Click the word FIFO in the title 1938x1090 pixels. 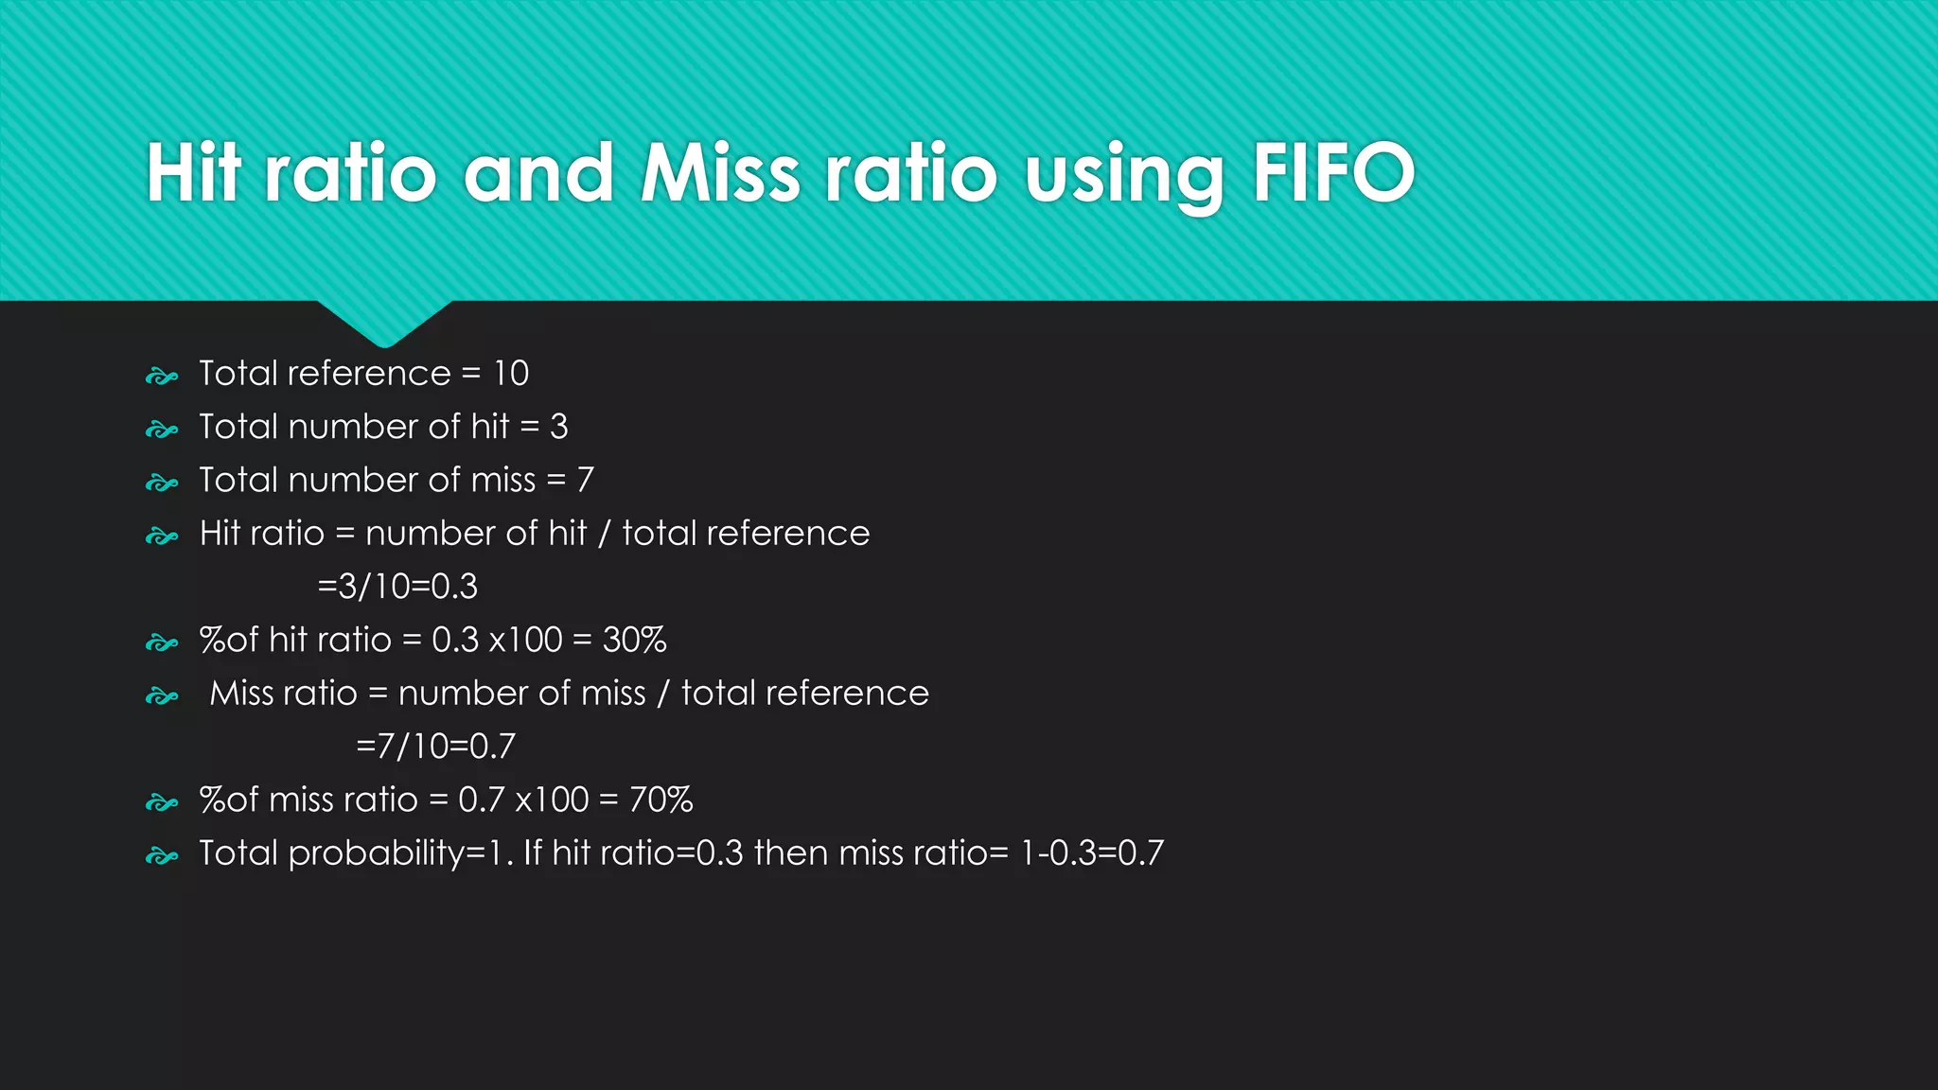1333,172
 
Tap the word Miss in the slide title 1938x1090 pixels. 721,172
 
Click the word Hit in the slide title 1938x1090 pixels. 194,172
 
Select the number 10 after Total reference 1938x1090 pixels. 511,374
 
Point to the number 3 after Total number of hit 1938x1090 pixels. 559,427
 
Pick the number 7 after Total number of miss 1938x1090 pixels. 586,481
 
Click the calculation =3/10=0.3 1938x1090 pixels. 397,587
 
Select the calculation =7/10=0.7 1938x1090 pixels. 436,747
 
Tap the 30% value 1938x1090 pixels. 635,641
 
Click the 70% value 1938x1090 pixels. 661,800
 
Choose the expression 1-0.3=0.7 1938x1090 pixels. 1092,853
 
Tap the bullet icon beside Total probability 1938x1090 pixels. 162,857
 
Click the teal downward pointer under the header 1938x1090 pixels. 384,323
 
